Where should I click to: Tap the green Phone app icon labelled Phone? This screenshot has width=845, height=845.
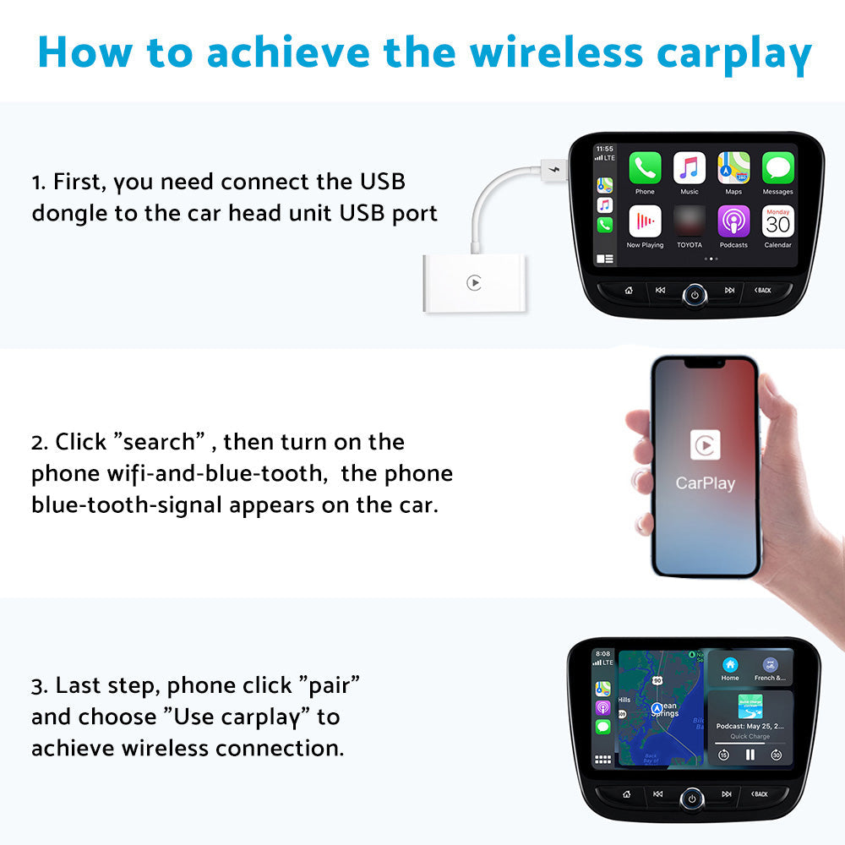645,168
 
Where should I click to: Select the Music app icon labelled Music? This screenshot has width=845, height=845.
690,168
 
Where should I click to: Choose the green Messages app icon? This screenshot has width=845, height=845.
777,168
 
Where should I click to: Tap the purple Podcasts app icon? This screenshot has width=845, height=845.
733,221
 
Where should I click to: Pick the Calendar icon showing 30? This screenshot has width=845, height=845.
777,221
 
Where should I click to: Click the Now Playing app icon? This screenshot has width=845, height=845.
645,221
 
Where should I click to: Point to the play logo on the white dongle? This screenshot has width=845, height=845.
474,283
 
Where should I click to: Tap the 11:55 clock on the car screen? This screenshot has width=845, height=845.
605,149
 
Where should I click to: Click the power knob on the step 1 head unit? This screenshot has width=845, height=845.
695,294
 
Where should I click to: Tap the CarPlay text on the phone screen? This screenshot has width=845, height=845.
705,483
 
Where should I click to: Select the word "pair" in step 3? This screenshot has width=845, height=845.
334,685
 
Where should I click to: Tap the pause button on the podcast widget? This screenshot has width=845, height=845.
750,755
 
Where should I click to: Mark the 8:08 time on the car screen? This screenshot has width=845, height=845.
603,653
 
